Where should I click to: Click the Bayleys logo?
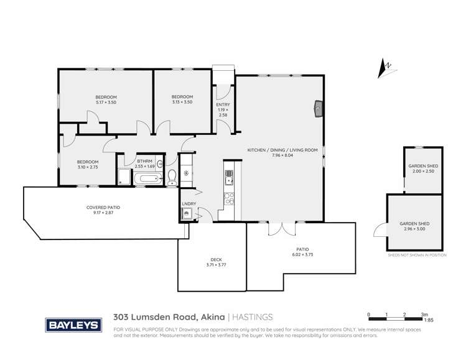70,325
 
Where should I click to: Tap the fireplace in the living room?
317,109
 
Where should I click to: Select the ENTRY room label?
222,105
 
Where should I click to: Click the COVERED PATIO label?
103,207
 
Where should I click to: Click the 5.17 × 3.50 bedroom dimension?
106,102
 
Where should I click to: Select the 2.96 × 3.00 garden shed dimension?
417,228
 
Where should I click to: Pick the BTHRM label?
144,161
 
